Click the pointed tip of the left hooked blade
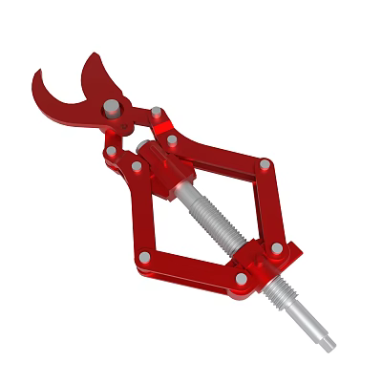pos(34,73)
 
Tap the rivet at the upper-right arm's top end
pos(172,140)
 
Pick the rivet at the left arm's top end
pos(137,166)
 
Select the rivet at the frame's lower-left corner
pos(143,257)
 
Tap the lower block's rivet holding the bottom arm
pos(241,278)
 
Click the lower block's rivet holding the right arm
pos(277,248)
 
